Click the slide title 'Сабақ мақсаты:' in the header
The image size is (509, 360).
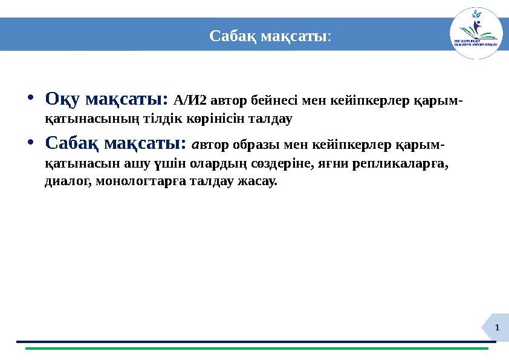point(270,36)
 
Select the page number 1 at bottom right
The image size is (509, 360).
point(497,327)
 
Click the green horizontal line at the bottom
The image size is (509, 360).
point(256,349)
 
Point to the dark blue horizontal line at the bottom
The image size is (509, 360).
point(256,342)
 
